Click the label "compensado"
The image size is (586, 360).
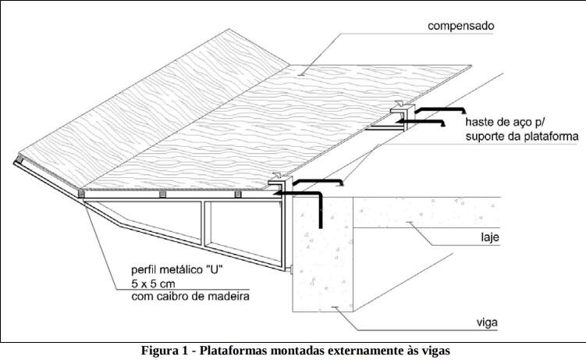(x=460, y=27)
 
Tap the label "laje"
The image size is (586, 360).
(x=489, y=237)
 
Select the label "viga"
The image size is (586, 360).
(x=487, y=323)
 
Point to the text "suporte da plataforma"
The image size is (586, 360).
(x=522, y=137)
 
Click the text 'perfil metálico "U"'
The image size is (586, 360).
(x=177, y=269)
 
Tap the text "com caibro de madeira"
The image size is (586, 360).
(x=190, y=297)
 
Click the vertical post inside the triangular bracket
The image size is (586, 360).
(x=204, y=224)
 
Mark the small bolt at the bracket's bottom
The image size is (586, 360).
(x=289, y=269)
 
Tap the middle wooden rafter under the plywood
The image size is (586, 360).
(x=162, y=194)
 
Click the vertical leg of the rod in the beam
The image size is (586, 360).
(x=320, y=211)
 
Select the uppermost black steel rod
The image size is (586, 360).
(x=439, y=109)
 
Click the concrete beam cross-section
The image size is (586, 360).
(x=322, y=255)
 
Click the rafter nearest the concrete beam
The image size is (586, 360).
(x=238, y=194)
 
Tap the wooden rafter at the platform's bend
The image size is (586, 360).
(x=80, y=194)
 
